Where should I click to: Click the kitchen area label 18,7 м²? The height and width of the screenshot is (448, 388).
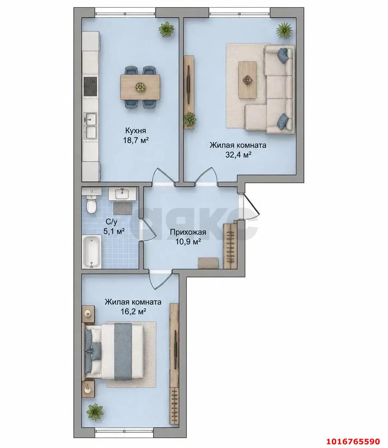136,141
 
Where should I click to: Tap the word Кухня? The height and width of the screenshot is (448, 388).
136,131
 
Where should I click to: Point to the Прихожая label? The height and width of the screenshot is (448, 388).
188,232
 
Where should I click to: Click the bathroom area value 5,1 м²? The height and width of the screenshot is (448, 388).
114,231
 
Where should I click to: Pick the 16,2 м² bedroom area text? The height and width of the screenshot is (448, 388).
132,312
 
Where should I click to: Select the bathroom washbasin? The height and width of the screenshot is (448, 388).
123,194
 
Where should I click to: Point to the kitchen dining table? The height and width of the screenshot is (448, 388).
140,87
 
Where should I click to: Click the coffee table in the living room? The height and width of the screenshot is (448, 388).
247,80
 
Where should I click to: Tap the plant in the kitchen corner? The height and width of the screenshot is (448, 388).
167,29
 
